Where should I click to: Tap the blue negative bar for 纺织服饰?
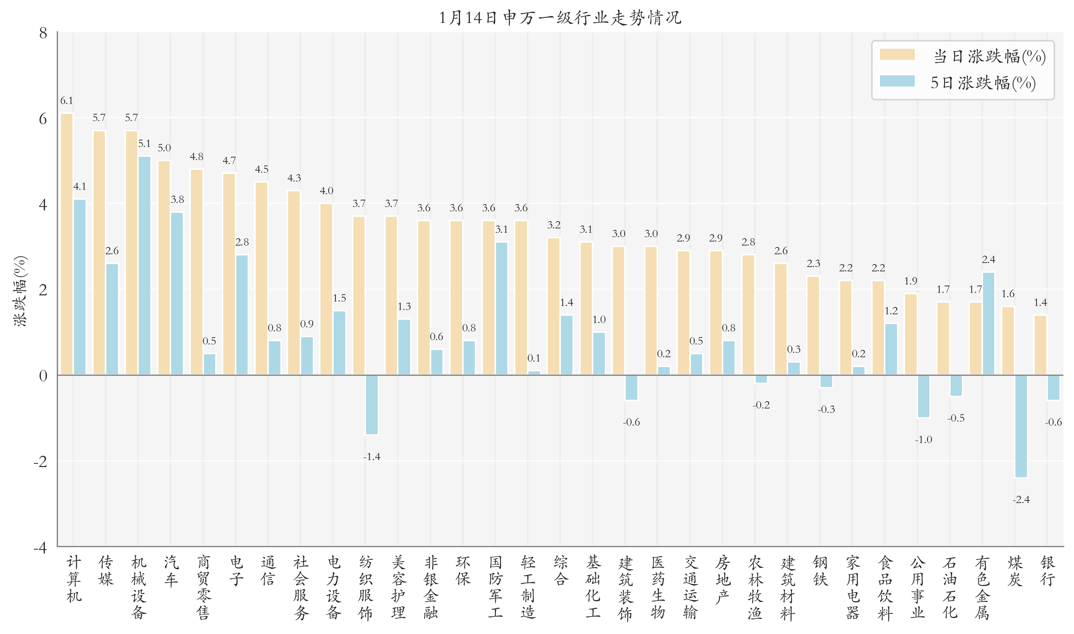click(x=372, y=405)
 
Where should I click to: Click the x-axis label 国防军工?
click(x=495, y=587)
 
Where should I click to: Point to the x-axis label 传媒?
click(x=106, y=570)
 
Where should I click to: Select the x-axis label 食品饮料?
click(x=885, y=587)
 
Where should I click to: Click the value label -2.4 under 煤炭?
click(x=1020, y=499)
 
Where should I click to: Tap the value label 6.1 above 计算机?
click(x=67, y=101)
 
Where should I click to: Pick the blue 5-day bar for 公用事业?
click(x=924, y=396)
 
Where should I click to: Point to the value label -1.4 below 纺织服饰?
click(x=372, y=457)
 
